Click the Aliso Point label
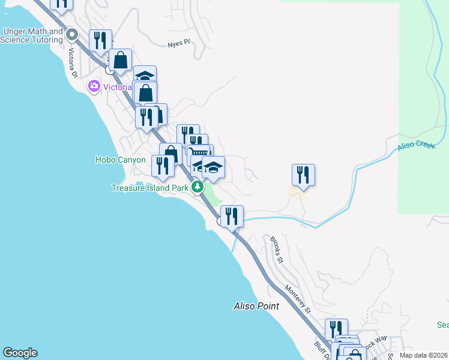coord(256,306)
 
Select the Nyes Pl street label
coord(178,43)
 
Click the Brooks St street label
coord(276,250)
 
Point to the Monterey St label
coord(298,299)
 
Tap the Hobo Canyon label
coord(120,160)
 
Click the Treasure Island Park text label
coord(150,188)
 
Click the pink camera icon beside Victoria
coord(94,87)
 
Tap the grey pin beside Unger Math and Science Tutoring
coord(73,34)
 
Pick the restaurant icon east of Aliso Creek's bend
coord(303,175)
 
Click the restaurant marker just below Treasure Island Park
coord(232,216)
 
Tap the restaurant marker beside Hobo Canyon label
coord(162,165)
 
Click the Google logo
coord(20,353)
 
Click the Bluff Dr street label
coord(319,349)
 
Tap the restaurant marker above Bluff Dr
coord(336,329)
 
